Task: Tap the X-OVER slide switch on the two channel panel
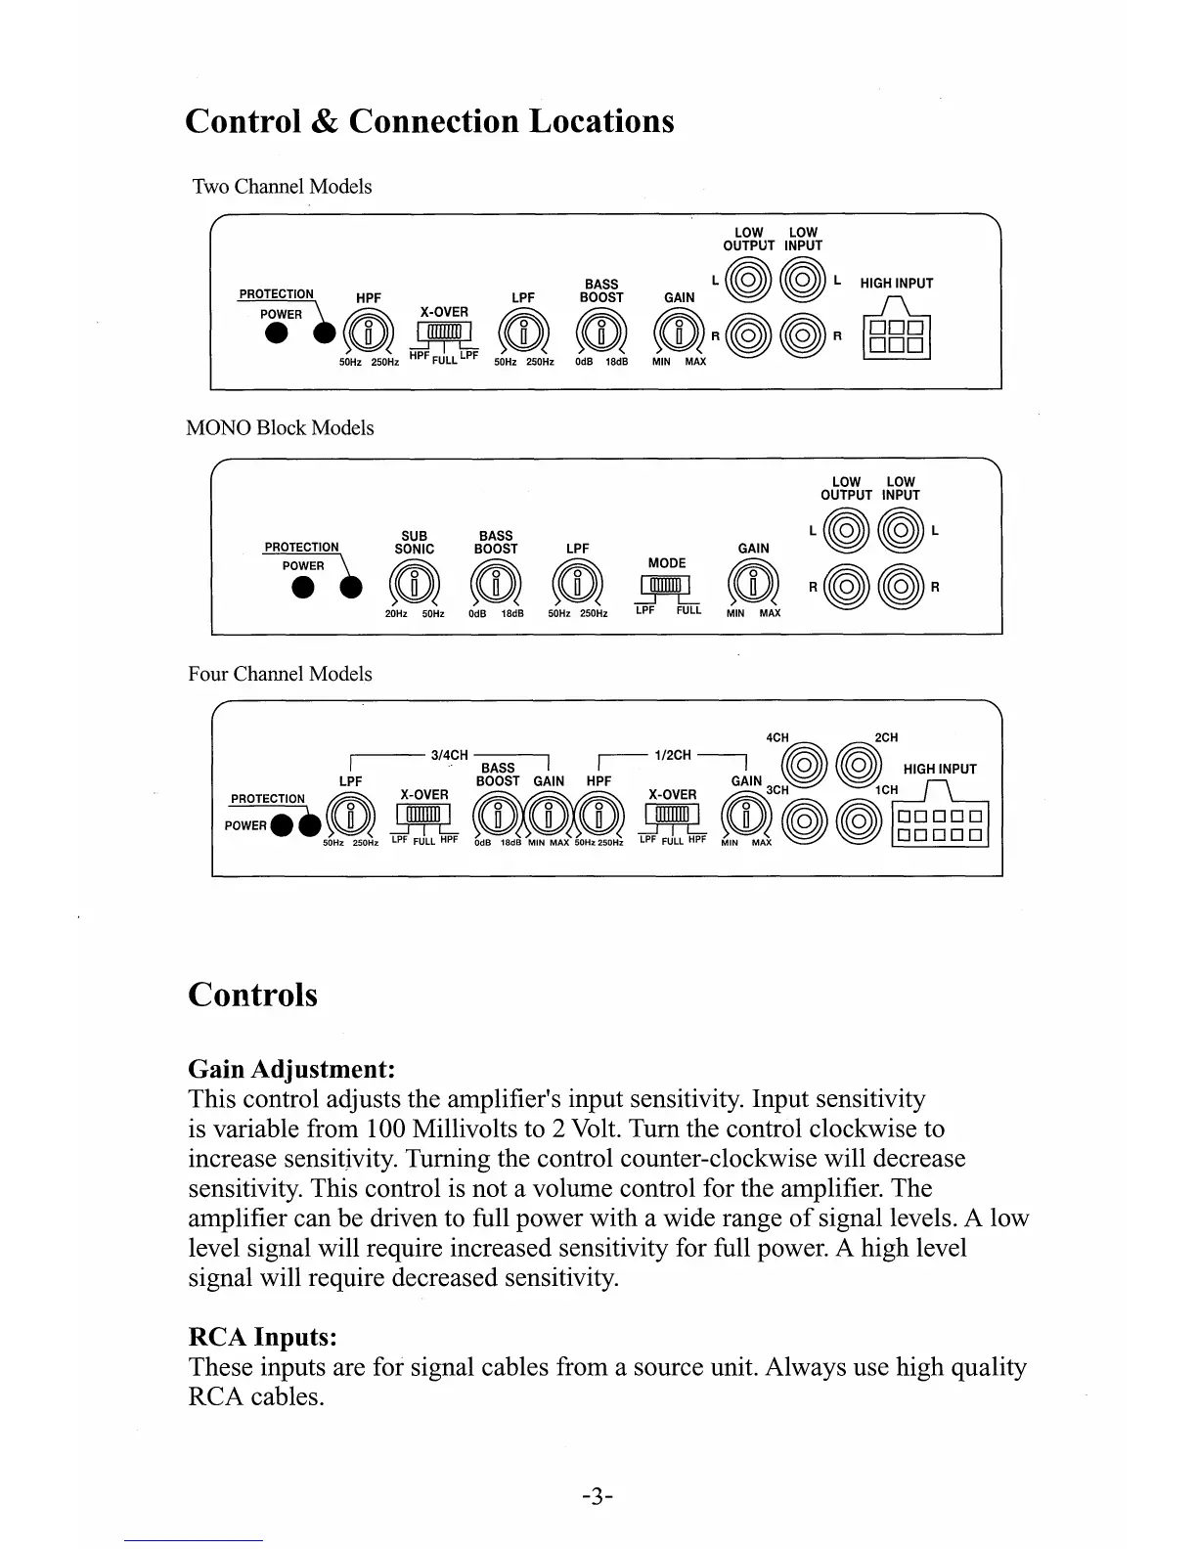tap(444, 333)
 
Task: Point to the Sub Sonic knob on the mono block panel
tap(415, 585)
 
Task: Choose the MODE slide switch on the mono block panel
tap(665, 585)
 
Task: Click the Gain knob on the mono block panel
tap(754, 585)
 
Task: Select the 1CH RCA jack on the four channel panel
tap(859, 820)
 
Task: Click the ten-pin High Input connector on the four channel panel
tap(941, 824)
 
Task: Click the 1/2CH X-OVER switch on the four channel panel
tap(673, 815)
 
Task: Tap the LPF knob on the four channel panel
tap(350, 817)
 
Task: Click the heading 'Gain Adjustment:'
tap(291, 1068)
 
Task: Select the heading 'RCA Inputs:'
tap(262, 1337)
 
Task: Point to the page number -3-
tap(597, 1495)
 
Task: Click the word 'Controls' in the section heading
tap(252, 995)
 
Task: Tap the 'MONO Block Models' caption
tap(280, 428)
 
